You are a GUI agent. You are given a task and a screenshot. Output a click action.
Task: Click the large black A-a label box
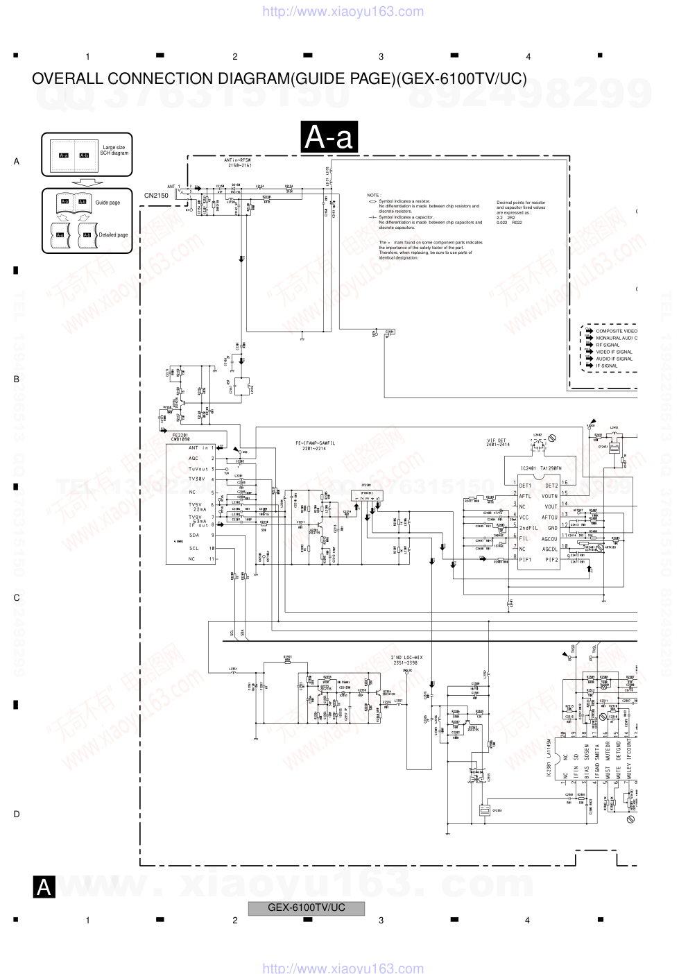(329, 137)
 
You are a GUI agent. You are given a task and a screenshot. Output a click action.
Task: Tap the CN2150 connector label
(156, 196)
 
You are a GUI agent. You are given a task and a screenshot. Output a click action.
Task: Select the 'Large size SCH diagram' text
(114, 151)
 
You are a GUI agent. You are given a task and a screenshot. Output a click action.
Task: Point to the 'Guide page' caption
(108, 203)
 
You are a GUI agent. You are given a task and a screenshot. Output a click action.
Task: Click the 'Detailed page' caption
(113, 235)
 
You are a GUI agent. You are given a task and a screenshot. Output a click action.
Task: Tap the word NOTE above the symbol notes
(373, 196)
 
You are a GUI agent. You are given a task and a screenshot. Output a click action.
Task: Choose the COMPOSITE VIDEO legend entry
(616, 331)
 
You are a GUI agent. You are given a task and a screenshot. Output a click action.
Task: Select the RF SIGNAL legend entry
(608, 345)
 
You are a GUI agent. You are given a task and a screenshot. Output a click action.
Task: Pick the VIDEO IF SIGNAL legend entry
(614, 352)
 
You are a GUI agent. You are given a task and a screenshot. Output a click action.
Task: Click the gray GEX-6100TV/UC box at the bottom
(306, 908)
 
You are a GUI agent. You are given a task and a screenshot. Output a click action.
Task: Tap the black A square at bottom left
(44, 887)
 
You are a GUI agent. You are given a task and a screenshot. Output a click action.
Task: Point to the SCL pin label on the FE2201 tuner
(194, 548)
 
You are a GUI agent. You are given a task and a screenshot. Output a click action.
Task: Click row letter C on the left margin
(17, 598)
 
